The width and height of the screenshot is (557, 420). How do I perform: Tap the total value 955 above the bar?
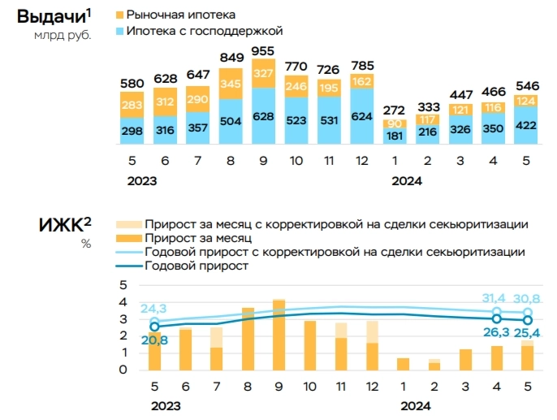pyautogui.click(x=285, y=50)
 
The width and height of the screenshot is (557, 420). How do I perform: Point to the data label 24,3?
pyautogui.click(x=153, y=308)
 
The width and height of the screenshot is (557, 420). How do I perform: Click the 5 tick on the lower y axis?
pyautogui.click(x=124, y=284)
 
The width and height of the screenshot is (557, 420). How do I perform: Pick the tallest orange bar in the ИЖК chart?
pyautogui.click(x=278, y=335)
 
